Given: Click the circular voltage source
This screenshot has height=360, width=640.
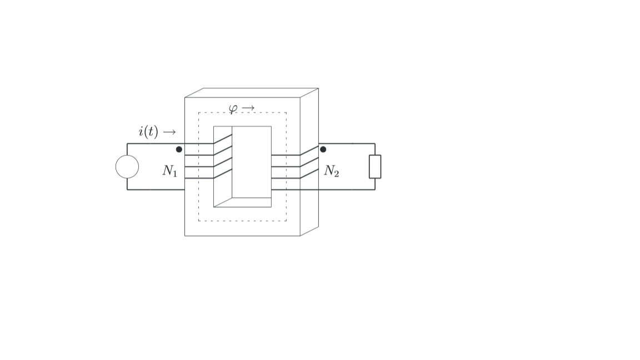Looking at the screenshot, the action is click(x=127, y=167).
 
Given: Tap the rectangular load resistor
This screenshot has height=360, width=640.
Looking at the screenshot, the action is click(x=375, y=167).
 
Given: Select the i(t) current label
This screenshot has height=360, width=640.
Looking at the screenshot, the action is click(x=148, y=132).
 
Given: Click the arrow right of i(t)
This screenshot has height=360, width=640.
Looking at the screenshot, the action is click(x=169, y=132).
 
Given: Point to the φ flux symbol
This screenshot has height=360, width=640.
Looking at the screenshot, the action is click(x=233, y=108).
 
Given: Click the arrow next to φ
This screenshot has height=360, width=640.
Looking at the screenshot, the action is click(x=248, y=108).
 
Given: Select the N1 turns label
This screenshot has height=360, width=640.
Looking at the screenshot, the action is click(x=170, y=171).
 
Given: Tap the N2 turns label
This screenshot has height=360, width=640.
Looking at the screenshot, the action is click(x=332, y=171).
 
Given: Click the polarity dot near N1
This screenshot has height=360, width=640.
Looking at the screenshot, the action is click(x=179, y=149).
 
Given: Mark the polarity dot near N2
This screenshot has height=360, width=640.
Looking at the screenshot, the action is click(x=323, y=149).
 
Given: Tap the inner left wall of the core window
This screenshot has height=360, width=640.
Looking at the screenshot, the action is click(x=223, y=167).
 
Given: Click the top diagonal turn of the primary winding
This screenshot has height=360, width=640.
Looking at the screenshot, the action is click(x=223, y=139).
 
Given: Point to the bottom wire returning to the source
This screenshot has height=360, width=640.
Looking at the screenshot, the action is click(x=156, y=189).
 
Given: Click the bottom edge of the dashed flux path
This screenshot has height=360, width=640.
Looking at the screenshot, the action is click(x=243, y=221).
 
